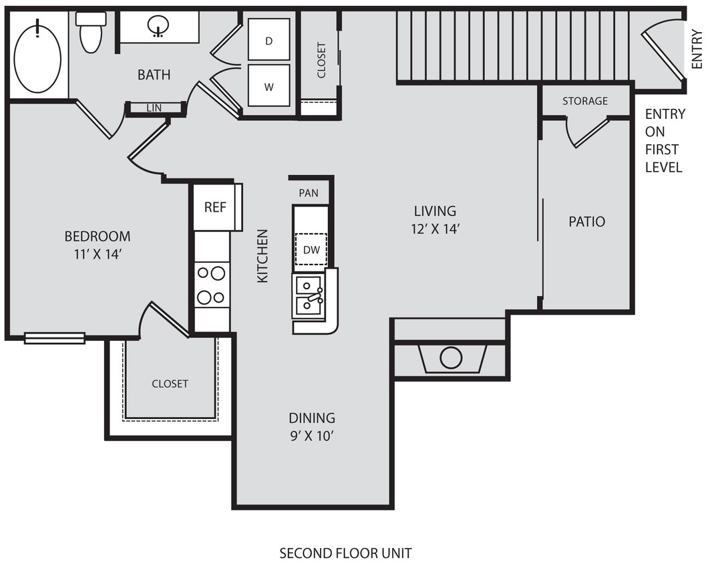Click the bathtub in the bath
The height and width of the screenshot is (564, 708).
37,56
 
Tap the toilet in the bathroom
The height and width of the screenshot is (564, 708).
91,33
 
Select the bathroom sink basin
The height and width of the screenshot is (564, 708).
158,27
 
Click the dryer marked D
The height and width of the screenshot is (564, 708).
269,40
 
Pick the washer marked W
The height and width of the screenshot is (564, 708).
269,86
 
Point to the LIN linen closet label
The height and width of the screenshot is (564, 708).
154,108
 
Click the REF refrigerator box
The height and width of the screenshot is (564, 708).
215,207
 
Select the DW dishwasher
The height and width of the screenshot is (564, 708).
311,250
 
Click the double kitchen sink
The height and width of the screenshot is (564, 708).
309,295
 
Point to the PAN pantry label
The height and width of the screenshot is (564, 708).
309,193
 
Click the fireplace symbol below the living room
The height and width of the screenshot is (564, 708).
451,359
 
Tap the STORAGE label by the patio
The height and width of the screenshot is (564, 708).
585,101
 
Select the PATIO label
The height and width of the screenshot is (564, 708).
586,221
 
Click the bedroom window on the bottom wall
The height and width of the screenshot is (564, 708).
55,338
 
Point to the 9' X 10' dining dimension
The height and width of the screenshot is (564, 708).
311,436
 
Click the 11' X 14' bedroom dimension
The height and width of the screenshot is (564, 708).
97,254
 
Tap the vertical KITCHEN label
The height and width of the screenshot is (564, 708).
262,256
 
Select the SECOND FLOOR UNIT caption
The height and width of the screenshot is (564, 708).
345,553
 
